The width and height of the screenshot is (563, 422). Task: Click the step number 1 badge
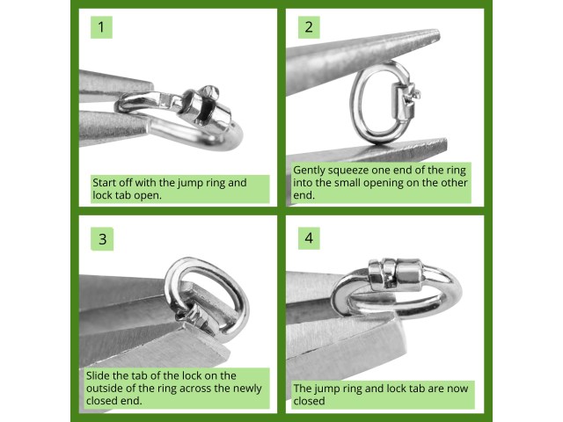[102, 27]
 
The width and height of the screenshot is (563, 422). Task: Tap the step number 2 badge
[308, 27]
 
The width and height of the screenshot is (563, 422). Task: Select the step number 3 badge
[102, 238]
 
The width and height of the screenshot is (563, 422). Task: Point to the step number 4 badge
[308, 238]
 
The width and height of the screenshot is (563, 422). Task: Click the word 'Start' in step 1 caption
[106, 183]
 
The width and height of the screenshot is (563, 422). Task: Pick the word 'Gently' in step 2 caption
[311, 169]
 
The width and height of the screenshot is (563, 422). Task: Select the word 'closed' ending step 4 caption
[309, 401]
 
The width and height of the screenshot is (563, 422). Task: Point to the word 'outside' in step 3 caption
[106, 388]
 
